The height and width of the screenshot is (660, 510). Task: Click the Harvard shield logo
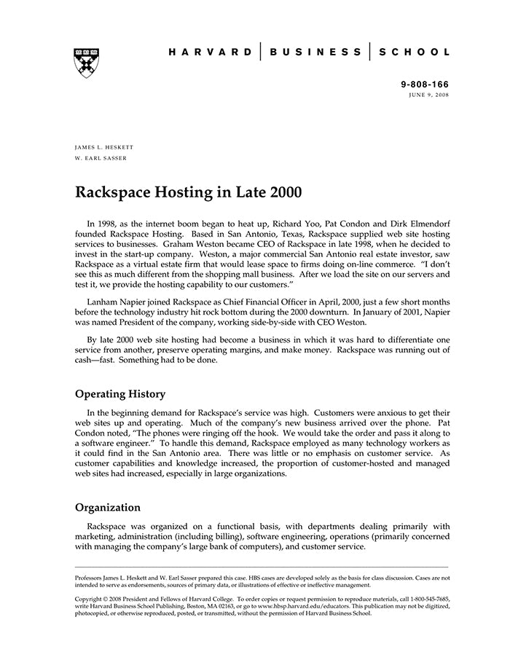[x=87, y=63]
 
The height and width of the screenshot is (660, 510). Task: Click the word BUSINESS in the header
[x=315, y=52]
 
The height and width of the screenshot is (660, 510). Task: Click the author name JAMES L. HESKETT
[x=104, y=147]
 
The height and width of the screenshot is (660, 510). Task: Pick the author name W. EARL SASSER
[x=101, y=158]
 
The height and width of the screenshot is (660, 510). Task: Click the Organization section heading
[x=108, y=507]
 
